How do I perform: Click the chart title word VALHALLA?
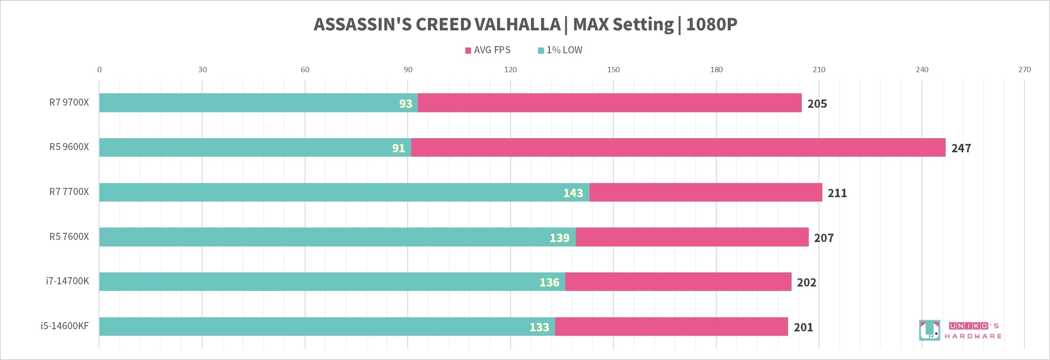click(x=517, y=25)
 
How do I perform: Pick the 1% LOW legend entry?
click(x=560, y=50)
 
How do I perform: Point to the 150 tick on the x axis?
click(x=613, y=70)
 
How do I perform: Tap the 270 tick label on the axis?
click(x=1024, y=70)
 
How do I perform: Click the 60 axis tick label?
click(x=305, y=70)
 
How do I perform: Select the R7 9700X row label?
click(x=69, y=103)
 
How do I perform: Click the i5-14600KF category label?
click(x=65, y=326)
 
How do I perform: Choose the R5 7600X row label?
click(x=69, y=237)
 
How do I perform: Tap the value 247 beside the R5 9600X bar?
click(x=961, y=148)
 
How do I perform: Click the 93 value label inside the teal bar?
click(x=405, y=103)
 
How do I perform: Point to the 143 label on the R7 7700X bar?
click(x=573, y=193)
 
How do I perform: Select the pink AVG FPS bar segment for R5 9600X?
click(x=678, y=147)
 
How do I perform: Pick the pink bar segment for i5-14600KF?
click(x=671, y=327)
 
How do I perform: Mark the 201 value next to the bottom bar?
click(x=803, y=327)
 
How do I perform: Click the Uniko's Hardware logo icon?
click(x=929, y=330)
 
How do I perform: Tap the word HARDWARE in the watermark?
click(x=973, y=336)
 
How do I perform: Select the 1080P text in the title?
click(x=711, y=25)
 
